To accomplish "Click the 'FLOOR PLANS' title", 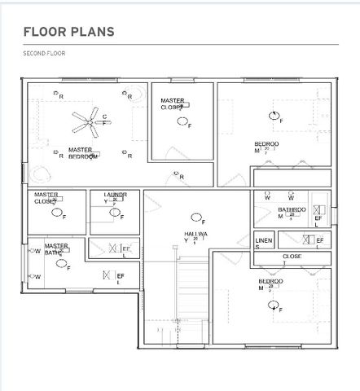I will click(x=69, y=32).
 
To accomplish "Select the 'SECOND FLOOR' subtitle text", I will click(x=44, y=53).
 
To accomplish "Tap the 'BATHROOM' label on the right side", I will click(x=291, y=210).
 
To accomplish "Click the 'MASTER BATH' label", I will click(x=56, y=248).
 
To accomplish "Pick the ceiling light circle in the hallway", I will click(x=195, y=217).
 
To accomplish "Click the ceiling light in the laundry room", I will click(x=115, y=216).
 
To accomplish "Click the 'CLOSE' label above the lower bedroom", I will click(x=292, y=256).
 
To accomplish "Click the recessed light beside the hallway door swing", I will click(x=173, y=174).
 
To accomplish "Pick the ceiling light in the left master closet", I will click(x=57, y=213).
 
